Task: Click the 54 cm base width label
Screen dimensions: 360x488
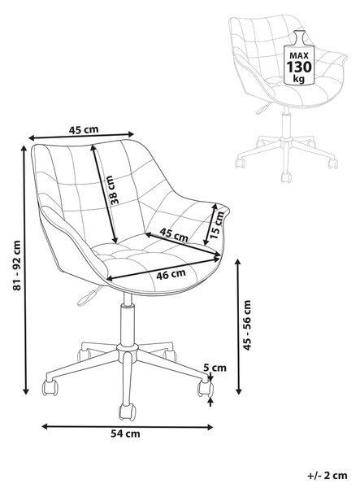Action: [x=125, y=434]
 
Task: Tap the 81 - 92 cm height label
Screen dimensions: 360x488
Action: [x=17, y=265]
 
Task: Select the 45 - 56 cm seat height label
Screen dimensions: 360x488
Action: [x=246, y=325]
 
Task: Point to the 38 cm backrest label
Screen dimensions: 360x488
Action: [x=114, y=190]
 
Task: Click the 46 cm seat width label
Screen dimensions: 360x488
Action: [x=171, y=275]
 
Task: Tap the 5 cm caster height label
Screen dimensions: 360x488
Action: [x=215, y=368]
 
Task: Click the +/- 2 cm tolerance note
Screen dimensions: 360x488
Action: [x=327, y=476]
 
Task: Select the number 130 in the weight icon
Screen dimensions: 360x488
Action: [x=299, y=68]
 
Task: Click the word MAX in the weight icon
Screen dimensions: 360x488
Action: [x=299, y=55]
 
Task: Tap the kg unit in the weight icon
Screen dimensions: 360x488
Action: [x=299, y=79]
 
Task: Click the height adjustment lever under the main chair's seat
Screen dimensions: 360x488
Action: [x=89, y=296]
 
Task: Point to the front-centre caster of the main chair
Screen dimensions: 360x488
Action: [x=128, y=412]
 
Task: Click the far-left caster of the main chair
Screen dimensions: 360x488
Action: [x=50, y=388]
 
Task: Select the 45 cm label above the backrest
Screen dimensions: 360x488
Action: [x=84, y=129]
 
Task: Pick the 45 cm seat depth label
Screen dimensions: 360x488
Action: [x=174, y=235]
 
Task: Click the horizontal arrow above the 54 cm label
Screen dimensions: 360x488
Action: [x=128, y=426]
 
